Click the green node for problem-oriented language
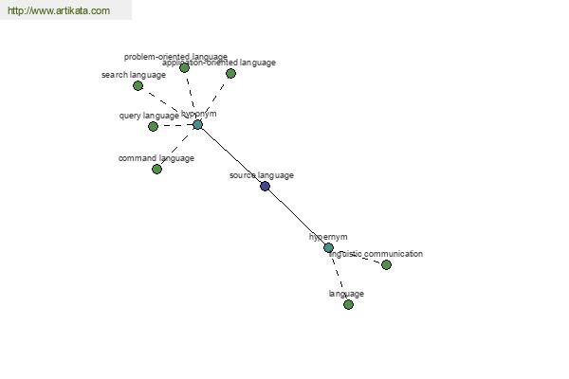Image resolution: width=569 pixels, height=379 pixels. tap(184, 68)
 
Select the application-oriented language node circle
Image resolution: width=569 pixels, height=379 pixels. tap(230, 73)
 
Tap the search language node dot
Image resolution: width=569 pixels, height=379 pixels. tap(138, 86)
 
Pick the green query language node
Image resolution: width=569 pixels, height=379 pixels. tap(153, 126)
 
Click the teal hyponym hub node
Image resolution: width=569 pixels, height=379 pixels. tap(197, 124)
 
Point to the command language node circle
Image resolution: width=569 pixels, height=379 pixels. tap(157, 169)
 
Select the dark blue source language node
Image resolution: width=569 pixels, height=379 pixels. tap(265, 186)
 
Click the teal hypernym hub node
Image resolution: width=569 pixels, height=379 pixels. tap(328, 247)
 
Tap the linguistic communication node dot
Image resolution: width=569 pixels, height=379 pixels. tap(386, 264)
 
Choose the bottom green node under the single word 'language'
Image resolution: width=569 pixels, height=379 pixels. tap(348, 304)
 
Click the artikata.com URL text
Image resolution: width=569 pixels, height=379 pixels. tap(58, 11)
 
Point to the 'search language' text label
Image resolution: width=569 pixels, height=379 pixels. tap(134, 75)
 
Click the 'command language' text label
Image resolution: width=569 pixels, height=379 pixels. tap(156, 158)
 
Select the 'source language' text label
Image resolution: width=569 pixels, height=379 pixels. tap(262, 175)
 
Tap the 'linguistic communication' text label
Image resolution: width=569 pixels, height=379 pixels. tap(376, 254)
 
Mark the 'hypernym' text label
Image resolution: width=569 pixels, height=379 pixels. tap(329, 237)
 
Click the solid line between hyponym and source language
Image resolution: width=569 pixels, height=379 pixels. tap(230, 154)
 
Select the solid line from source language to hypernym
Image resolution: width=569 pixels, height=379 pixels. tap(296, 216)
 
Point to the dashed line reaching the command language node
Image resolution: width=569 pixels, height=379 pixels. tap(177, 147)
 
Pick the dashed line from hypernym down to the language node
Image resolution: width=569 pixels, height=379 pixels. tap(339, 276)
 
